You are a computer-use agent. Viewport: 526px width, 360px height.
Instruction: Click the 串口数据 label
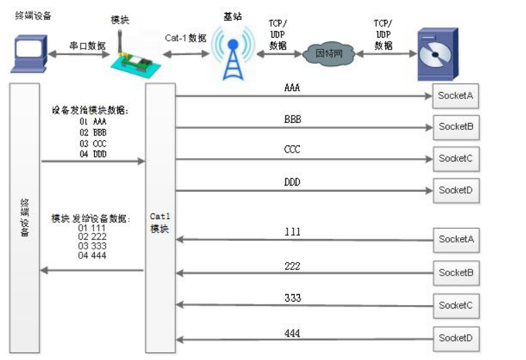87,45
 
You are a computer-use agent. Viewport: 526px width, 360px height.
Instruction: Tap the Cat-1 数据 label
186,38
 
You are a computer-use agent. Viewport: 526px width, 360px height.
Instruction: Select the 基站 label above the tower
232,16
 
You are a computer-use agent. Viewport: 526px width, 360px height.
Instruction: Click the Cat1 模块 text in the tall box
159,223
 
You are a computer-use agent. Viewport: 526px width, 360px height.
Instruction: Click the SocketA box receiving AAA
455,96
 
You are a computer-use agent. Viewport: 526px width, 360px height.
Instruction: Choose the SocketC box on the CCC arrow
455,158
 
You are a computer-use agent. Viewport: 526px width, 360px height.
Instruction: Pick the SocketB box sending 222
455,273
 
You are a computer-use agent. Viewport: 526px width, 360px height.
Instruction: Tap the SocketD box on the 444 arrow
455,337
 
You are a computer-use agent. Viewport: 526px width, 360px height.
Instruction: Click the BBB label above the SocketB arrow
292,119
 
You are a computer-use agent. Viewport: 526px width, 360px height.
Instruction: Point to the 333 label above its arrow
292,298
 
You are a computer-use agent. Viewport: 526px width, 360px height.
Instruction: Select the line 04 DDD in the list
93,153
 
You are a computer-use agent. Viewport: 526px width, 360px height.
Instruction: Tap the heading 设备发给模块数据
90,110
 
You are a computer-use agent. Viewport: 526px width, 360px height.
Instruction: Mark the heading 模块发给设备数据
90,218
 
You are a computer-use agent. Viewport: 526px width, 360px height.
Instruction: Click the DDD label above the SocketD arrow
292,182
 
